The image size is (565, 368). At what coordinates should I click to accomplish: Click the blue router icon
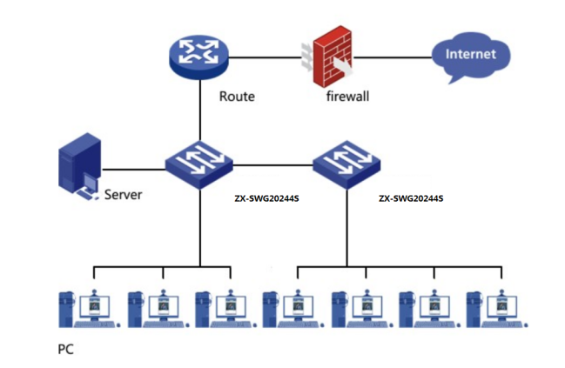pos(198,57)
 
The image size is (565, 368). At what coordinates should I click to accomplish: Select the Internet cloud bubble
pos(471,57)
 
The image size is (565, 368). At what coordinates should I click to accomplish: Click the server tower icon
pos(79,166)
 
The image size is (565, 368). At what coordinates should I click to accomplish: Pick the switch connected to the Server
pos(199,165)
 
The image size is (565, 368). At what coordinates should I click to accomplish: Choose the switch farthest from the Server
pos(346,165)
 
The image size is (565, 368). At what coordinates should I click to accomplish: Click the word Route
pos(237,97)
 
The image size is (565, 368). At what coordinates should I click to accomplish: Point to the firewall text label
pos(347,97)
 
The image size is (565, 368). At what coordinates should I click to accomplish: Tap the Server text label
pos(124,195)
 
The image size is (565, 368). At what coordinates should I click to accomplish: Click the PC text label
pos(65,349)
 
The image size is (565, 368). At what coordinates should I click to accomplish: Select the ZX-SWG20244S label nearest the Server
pos(266,198)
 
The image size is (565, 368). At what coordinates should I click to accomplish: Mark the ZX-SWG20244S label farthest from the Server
pos(411,198)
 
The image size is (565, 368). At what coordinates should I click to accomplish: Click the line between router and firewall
pos(265,57)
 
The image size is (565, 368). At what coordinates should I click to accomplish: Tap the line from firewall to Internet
pos(393,57)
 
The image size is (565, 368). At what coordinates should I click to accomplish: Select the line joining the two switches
pos(272,165)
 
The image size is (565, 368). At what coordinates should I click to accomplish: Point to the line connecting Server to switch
pos(134,170)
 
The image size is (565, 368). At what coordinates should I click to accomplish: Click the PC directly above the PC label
pos(89,309)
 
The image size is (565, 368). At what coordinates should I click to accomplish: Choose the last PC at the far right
pos(497,309)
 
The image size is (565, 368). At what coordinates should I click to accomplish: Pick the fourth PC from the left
pos(293,309)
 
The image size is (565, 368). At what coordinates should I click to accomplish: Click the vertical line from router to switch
pos(199,110)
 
